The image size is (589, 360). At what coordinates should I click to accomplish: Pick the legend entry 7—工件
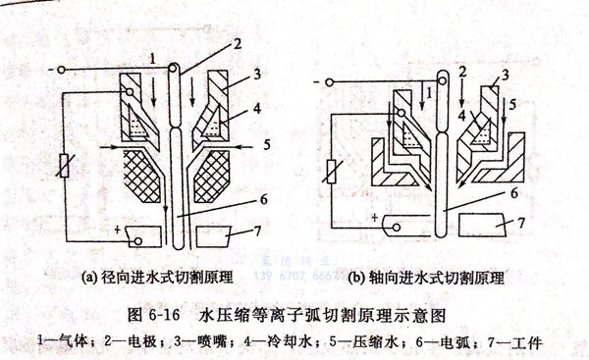tap(521, 343)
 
